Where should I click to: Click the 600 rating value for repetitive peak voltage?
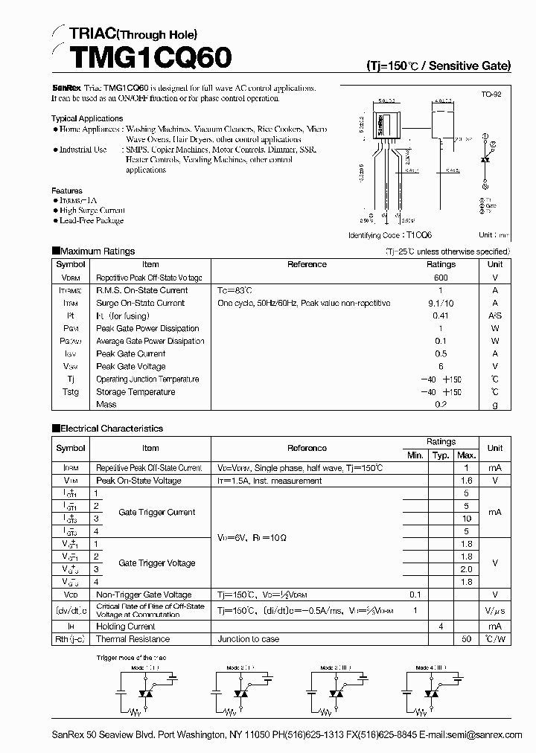click(441, 278)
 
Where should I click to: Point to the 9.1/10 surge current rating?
click(441, 303)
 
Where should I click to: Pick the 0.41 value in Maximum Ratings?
click(441, 315)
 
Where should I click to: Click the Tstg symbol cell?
click(71, 392)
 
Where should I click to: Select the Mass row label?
click(106, 405)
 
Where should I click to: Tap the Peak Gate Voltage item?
click(131, 367)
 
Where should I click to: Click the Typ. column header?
click(441, 455)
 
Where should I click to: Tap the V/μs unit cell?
click(495, 610)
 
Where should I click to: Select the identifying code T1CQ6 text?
click(397, 235)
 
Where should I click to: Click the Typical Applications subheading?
click(87, 118)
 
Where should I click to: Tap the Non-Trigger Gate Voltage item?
click(144, 595)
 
